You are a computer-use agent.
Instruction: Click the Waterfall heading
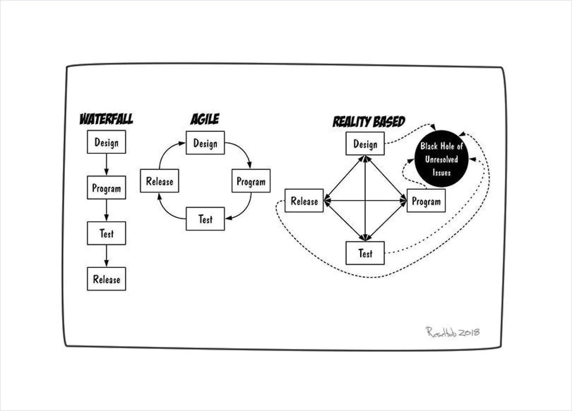pyautogui.click(x=106, y=119)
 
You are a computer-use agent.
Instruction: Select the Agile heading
pyautogui.click(x=205, y=119)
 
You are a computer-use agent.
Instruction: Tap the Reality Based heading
pyautogui.click(x=369, y=122)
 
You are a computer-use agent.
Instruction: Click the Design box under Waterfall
pyautogui.click(x=106, y=142)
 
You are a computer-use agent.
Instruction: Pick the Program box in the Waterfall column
pyautogui.click(x=106, y=188)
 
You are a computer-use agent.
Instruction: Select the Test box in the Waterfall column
pyautogui.click(x=106, y=233)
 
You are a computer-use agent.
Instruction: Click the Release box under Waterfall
pyautogui.click(x=106, y=279)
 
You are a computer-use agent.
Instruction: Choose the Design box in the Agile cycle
pyautogui.click(x=205, y=143)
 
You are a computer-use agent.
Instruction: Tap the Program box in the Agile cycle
pyautogui.click(x=251, y=181)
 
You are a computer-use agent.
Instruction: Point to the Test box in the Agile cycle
pyautogui.click(x=205, y=219)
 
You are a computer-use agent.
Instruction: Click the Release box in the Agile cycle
pyautogui.click(x=159, y=181)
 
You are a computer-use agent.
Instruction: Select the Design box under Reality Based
pyautogui.click(x=365, y=143)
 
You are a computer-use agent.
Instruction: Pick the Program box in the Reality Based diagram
pyautogui.click(x=426, y=201)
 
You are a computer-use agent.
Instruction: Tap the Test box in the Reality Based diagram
pyautogui.click(x=365, y=253)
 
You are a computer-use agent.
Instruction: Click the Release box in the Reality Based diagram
pyautogui.click(x=304, y=201)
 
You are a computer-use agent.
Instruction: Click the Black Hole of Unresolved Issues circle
pyautogui.click(x=441, y=159)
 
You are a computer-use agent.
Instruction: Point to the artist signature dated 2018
pyautogui.click(x=453, y=332)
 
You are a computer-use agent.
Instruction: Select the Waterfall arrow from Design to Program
pyautogui.click(x=106, y=165)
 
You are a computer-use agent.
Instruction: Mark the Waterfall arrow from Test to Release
pyautogui.click(x=106, y=256)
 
